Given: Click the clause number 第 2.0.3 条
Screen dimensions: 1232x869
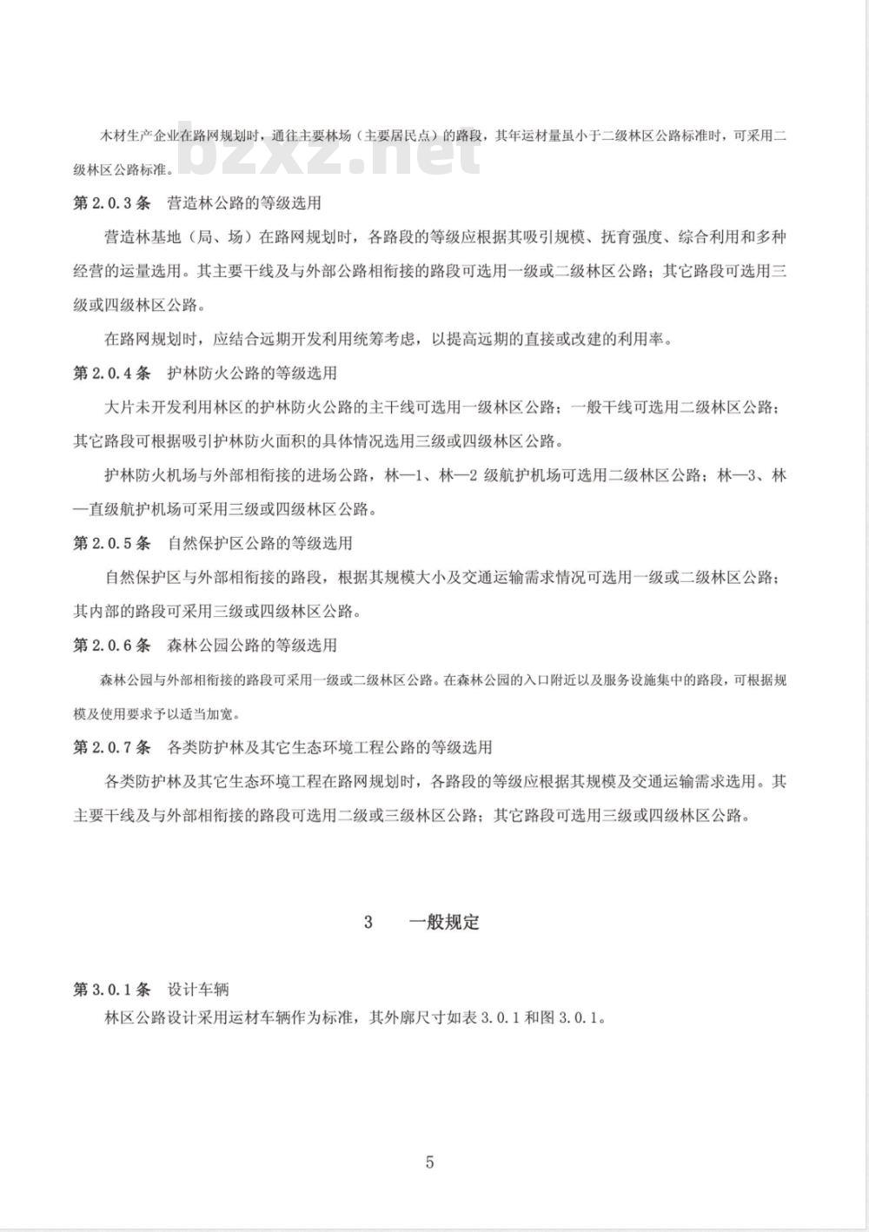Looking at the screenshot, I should pos(112,203).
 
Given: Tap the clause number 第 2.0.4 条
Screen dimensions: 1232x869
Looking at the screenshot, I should pos(112,374).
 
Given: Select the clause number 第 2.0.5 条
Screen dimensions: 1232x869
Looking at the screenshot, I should pos(112,544).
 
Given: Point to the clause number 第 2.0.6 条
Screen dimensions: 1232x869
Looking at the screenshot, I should pos(112,646).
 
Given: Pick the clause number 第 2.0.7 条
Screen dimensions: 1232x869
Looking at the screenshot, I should pos(112,747).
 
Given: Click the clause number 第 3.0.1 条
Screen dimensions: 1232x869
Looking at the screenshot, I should pos(112,990).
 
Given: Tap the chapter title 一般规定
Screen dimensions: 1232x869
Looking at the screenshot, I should pos(444,923).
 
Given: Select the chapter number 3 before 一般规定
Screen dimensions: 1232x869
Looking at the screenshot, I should pos(368,923).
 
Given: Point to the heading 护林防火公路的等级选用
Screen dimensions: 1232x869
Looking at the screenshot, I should pos(251,374).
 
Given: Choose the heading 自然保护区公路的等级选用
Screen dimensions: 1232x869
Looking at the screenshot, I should pos(259,544).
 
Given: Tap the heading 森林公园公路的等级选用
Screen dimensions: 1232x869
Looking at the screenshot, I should pos(251,646).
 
